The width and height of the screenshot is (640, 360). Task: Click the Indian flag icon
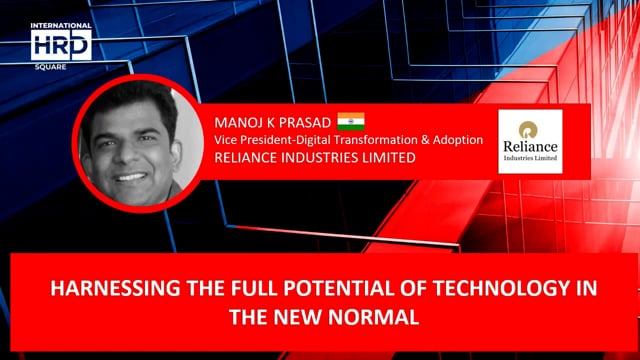point(350,122)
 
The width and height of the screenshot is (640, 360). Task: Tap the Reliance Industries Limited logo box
point(530,141)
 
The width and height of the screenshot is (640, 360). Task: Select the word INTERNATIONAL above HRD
point(61,25)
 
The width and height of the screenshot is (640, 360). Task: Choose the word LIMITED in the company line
point(387,158)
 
